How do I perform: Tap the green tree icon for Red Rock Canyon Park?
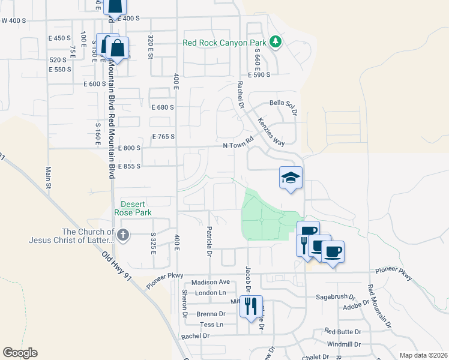coord(276,41)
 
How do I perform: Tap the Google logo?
coord(20,353)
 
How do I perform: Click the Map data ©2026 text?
coord(423,355)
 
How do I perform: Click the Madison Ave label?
coord(211,282)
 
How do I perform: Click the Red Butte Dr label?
coord(343,331)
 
